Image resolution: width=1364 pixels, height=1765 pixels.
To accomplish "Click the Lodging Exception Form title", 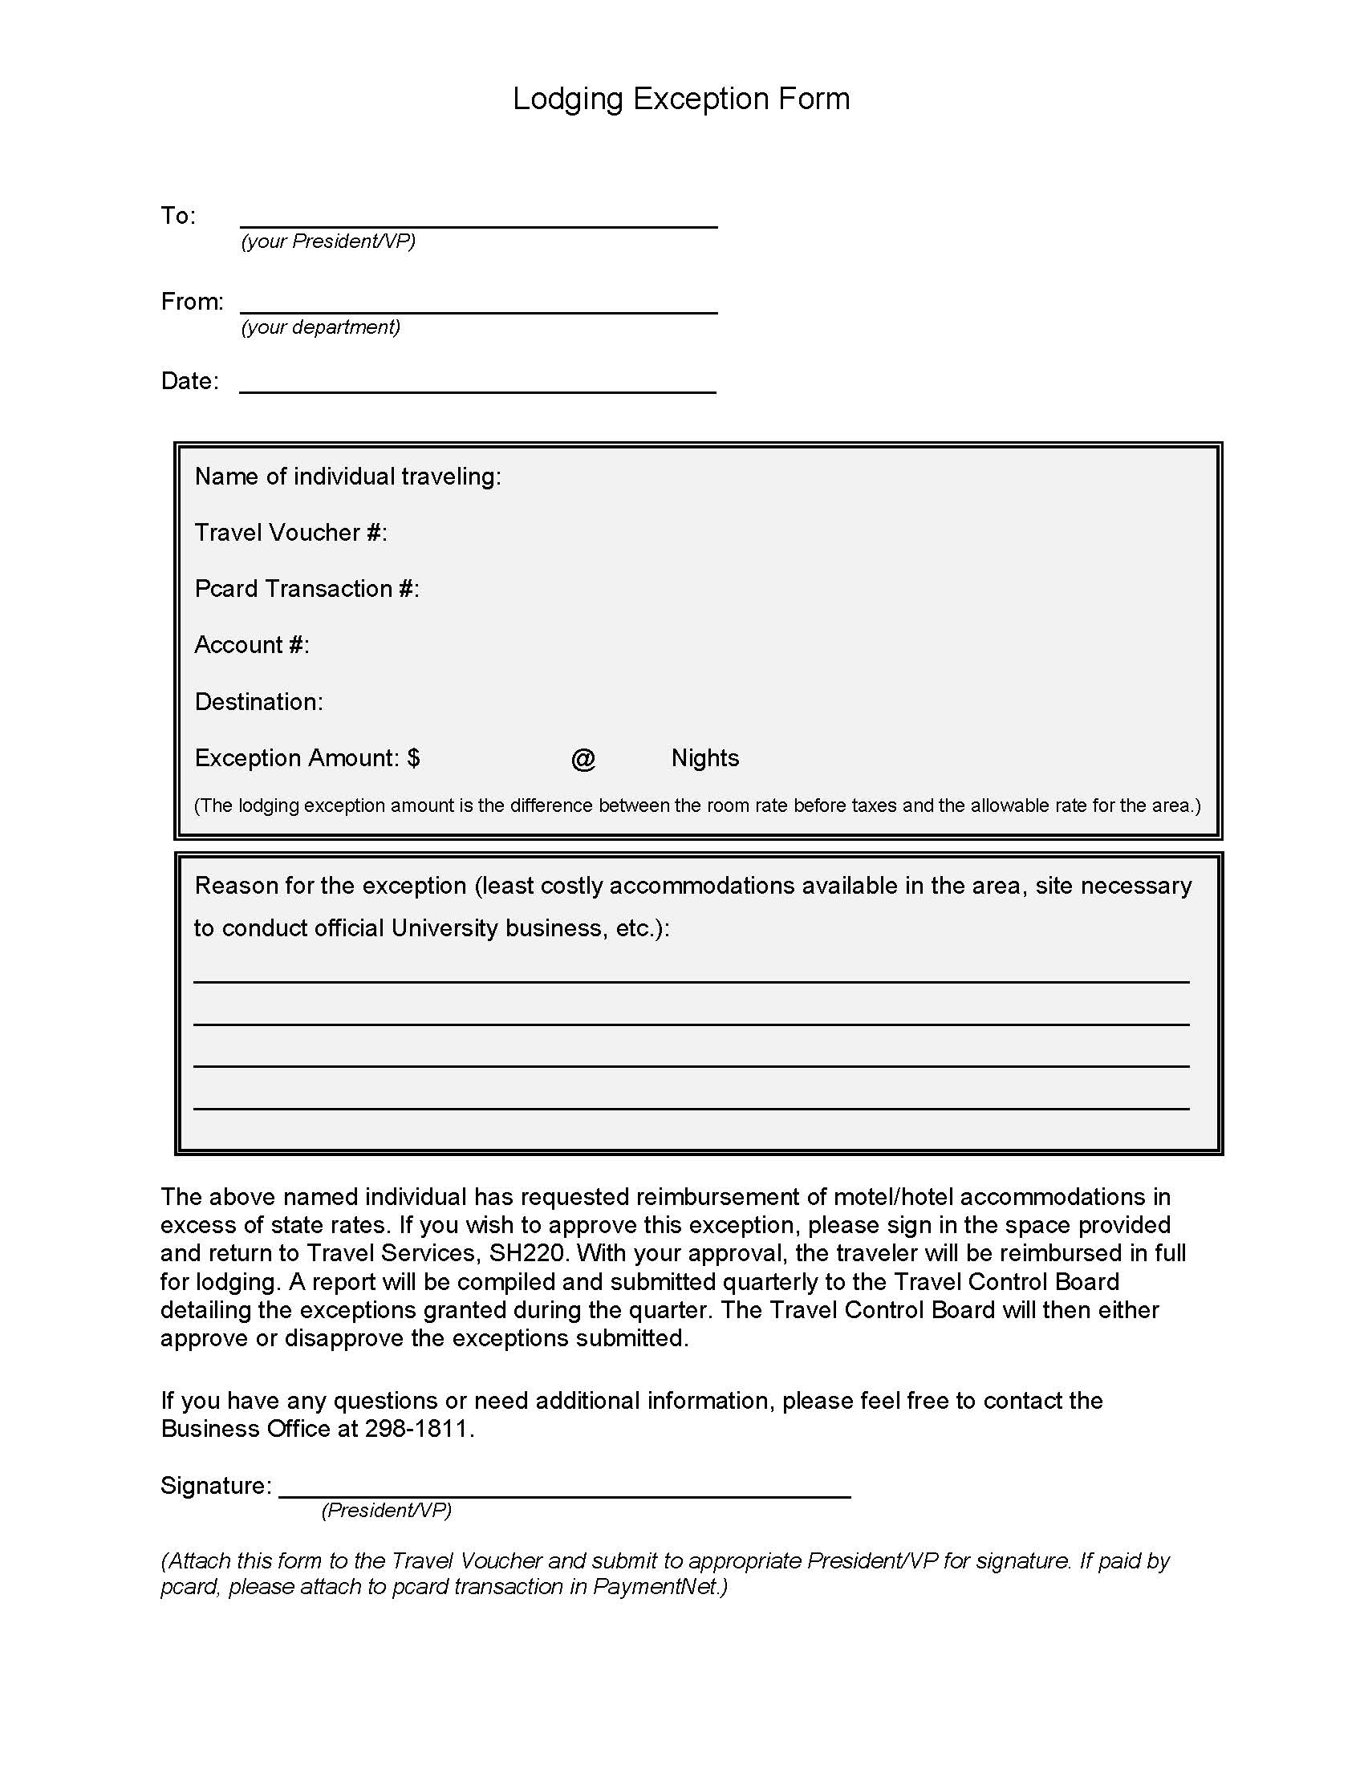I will (x=681, y=99).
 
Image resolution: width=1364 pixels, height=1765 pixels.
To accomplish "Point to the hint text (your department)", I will (x=321, y=327).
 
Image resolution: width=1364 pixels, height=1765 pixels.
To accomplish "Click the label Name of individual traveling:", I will (x=347, y=477).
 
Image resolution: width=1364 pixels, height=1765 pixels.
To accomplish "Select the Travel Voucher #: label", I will (x=291, y=533).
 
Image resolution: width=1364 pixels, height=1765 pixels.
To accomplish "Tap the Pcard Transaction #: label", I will (x=307, y=589).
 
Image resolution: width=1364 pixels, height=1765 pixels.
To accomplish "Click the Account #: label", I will (x=252, y=645).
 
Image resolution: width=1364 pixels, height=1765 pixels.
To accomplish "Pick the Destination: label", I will (x=258, y=701).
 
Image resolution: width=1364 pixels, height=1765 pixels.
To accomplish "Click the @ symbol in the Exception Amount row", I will (x=583, y=759).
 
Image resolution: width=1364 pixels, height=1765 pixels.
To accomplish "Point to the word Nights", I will (x=704, y=758).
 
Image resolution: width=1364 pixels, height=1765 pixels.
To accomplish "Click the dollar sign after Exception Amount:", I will (x=414, y=758).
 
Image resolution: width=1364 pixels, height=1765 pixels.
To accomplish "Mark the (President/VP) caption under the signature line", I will (x=386, y=1511).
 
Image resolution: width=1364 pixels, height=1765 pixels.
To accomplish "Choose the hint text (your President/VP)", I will (x=328, y=241).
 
